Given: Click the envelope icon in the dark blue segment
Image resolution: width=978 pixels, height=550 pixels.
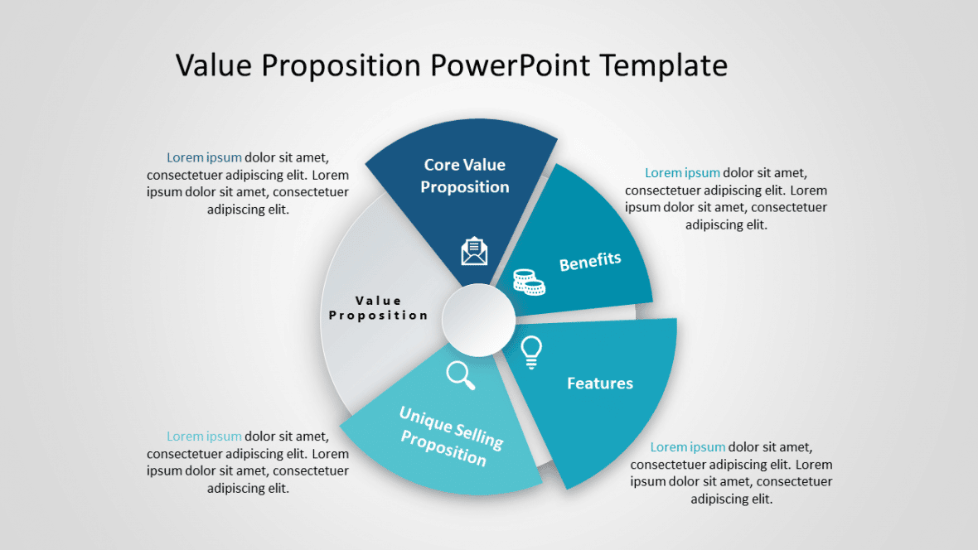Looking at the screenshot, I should pos(474,251).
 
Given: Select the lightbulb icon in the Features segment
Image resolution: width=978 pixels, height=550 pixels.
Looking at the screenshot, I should pos(531,352).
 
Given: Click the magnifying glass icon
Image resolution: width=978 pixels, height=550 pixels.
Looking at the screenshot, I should pos(461,375).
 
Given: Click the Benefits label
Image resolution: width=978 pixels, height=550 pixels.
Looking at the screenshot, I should pos(590,262).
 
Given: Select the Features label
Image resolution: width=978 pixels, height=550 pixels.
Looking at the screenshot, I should pos(600,384).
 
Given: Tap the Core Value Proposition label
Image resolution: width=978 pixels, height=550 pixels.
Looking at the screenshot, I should pos(464,176).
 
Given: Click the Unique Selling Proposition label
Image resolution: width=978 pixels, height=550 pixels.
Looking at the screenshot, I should pos(450,435).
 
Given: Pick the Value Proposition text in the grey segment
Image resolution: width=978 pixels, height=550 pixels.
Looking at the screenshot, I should pos(379,307).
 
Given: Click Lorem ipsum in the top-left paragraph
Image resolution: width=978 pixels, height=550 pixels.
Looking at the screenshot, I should pos(204,157).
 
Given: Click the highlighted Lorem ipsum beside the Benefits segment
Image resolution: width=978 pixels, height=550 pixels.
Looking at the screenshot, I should pos(682,173).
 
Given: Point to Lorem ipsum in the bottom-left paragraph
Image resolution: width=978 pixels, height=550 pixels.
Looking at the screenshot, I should pos(204,437).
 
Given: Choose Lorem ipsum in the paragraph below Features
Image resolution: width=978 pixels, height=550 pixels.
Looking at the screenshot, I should pos(687,447).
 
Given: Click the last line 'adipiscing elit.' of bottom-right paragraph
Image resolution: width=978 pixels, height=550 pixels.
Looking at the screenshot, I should pos(732,499).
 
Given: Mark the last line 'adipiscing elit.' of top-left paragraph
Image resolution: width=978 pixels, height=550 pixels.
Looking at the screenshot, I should pos(248,210).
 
